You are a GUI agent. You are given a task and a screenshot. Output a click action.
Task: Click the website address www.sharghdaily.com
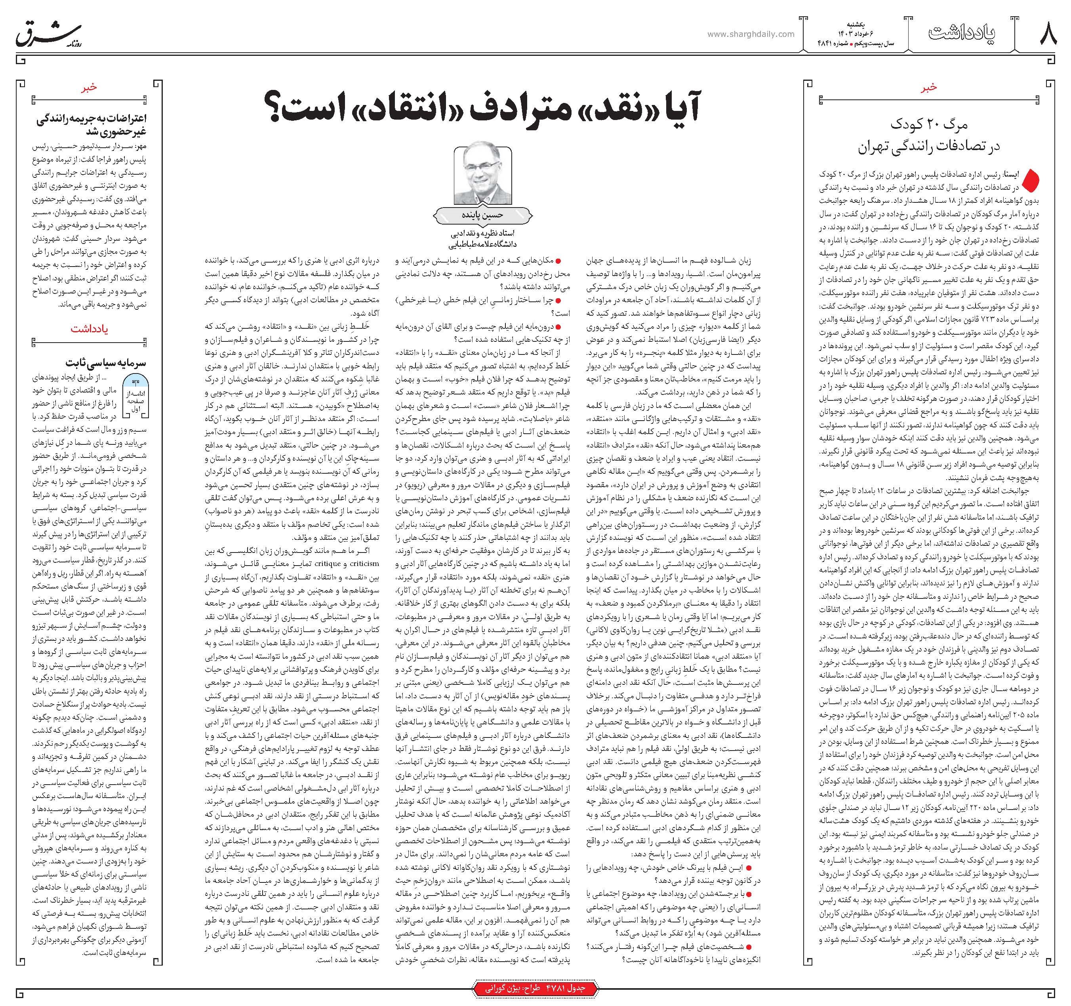[x=751, y=34]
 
